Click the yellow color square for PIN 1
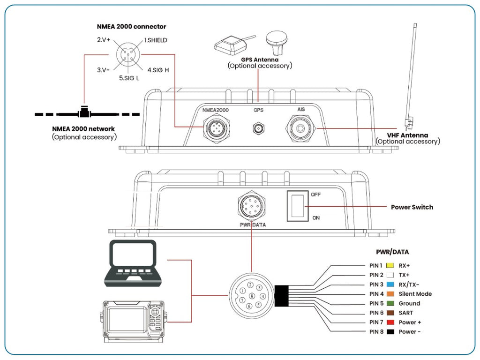pyautogui.click(x=390, y=265)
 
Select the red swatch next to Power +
pyautogui.click(x=390, y=322)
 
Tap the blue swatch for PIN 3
pyautogui.click(x=390, y=285)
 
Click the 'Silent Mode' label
pyautogui.click(x=415, y=294)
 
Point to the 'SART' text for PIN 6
pyautogui.click(x=406, y=313)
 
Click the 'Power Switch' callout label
pyautogui.click(x=412, y=207)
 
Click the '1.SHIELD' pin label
pyautogui.click(x=155, y=40)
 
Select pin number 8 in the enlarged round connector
pyautogui.click(x=252, y=296)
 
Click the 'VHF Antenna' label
pyautogui.click(x=407, y=135)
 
